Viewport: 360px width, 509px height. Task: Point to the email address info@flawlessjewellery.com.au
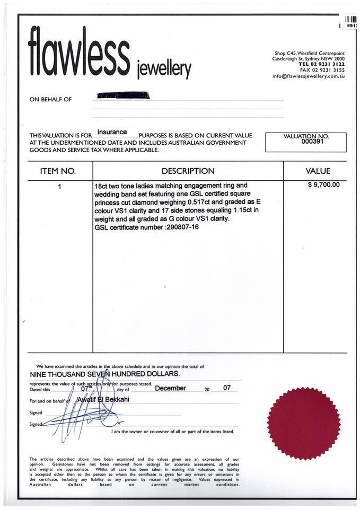[309, 76]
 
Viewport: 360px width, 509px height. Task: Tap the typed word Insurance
[112, 132]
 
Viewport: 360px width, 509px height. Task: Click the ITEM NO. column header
[58, 171]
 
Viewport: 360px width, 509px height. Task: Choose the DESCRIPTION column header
[188, 171]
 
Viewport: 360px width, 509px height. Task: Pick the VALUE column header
[318, 171]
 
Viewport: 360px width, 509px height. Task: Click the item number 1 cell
[59, 186]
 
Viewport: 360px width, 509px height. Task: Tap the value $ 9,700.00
[323, 185]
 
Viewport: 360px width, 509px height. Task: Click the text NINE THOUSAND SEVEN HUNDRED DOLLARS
[104, 374]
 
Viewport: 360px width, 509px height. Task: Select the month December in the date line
[170, 388]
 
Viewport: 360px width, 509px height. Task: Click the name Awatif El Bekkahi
[103, 399]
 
